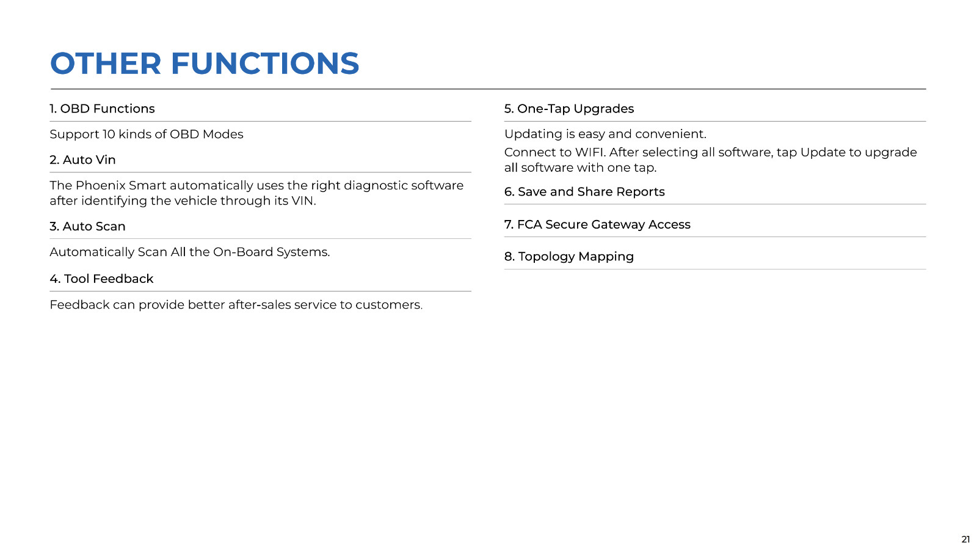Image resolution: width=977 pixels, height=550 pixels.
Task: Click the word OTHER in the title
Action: [x=106, y=64]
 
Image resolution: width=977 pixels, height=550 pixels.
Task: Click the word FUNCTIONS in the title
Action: [x=265, y=64]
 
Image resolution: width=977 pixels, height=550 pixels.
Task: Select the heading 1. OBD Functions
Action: [x=102, y=109]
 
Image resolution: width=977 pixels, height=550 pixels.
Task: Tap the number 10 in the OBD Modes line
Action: [x=109, y=134]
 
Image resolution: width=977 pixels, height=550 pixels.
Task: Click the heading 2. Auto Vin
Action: [x=82, y=159]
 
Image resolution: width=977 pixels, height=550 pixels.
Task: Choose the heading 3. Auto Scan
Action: [x=87, y=227]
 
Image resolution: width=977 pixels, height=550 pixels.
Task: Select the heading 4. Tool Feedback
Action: [x=101, y=279]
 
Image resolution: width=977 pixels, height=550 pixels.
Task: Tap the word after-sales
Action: [x=260, y=305]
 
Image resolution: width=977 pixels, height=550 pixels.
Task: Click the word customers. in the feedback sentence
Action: [x=389, y=305]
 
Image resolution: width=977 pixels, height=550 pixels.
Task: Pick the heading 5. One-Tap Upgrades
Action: [x=569, y=109]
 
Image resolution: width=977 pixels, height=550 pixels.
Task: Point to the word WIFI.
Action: [x=590, y=152]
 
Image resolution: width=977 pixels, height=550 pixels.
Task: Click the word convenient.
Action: [x=671, y=134]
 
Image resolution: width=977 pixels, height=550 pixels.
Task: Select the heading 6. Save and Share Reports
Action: [x=584, y=192]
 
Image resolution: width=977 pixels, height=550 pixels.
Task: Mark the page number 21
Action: [x=965, y=540]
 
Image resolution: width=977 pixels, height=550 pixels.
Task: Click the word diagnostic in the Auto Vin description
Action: [x=376, y=186]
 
